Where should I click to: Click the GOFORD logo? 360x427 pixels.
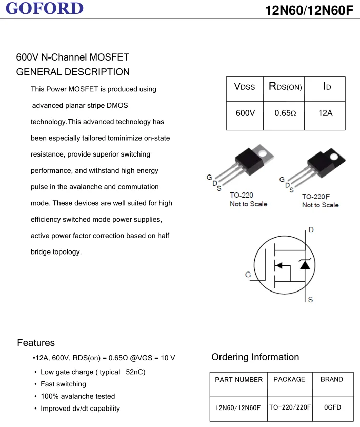45,8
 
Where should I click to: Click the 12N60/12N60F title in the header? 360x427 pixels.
309,10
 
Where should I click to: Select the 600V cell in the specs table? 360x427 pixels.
245,113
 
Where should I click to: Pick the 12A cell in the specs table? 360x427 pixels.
325,113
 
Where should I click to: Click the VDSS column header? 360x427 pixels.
245,87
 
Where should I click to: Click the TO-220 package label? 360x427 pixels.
241,195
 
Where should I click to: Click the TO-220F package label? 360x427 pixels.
316,197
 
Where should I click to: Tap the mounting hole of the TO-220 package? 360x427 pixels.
264,152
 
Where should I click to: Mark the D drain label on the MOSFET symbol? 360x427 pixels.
311,230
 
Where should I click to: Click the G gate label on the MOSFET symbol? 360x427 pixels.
248,275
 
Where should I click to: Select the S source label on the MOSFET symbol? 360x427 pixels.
310,300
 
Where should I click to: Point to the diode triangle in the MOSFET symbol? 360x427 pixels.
305,265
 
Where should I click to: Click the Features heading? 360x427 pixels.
36,343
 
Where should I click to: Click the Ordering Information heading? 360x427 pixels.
255,357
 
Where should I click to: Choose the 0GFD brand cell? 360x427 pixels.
332,407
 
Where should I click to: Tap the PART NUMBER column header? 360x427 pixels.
238,380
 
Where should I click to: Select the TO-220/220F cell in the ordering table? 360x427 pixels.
290,407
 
